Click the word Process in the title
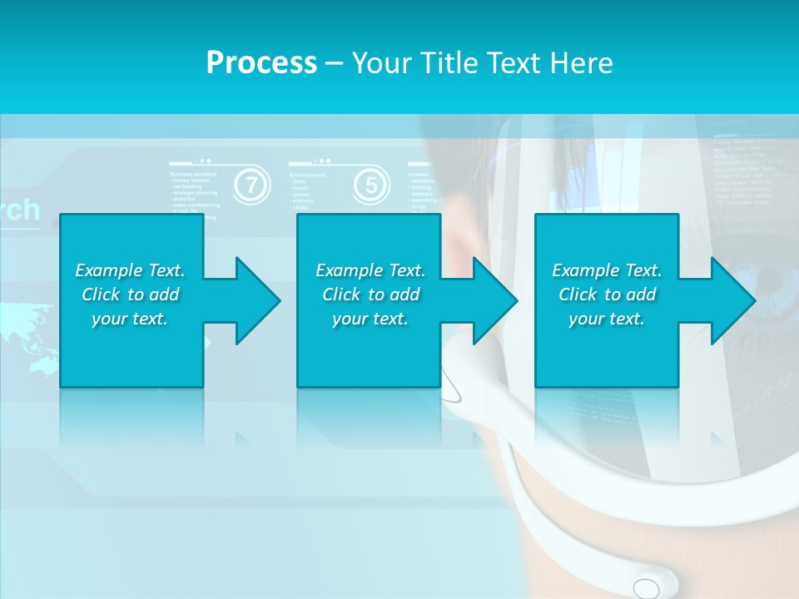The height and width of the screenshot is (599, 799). (x=261, y=63)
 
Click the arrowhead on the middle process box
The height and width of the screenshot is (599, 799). (x=490, y=300)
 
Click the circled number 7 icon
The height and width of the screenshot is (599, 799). (x=251, y=185)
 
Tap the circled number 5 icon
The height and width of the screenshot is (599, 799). (x=371, y=185)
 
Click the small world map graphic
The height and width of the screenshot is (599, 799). (x=29, y=336)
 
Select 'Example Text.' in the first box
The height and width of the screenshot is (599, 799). (x=130, y=270)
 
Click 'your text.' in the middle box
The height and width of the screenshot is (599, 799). (x=370, y=319)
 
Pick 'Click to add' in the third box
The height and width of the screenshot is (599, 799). (x=608, y=295)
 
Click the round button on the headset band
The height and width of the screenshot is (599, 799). (x=646, y=588)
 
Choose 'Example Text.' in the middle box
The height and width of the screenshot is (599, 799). (x=370, y=270)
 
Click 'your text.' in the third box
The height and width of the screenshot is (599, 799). (x=607, y=319)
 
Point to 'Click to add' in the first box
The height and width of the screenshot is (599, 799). (x=131, y=295)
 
